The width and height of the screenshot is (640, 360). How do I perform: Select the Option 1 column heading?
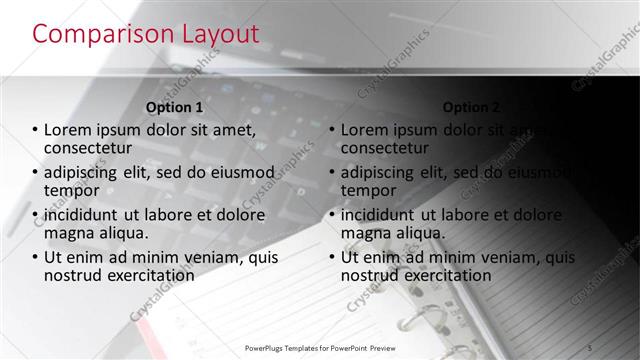point(175,107)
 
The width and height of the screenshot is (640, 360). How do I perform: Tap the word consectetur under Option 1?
point(90,148)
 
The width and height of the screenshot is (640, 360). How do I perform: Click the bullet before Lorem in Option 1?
point(35,130)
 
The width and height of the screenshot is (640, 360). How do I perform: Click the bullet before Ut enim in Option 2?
point(332,257)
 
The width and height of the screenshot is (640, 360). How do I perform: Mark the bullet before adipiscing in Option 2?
point(332,173)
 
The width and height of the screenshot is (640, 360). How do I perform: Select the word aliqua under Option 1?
point(121,233)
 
